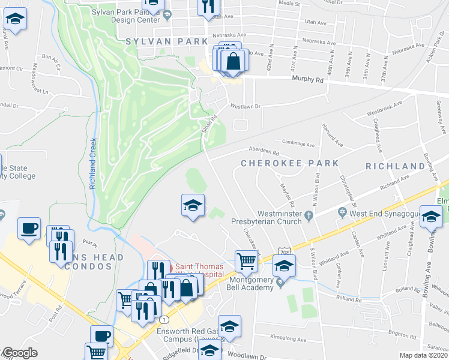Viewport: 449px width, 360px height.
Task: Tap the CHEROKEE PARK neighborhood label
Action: tap(289, 163)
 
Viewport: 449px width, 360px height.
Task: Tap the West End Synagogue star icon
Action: tap(342, 213)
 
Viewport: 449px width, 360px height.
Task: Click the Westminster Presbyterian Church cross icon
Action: tap(310, 214)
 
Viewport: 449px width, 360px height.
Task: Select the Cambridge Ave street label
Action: tap(299, 145)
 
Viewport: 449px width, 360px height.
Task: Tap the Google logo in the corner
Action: tap(19, 353)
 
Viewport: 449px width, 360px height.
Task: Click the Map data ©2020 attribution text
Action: tap(424, 355)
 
